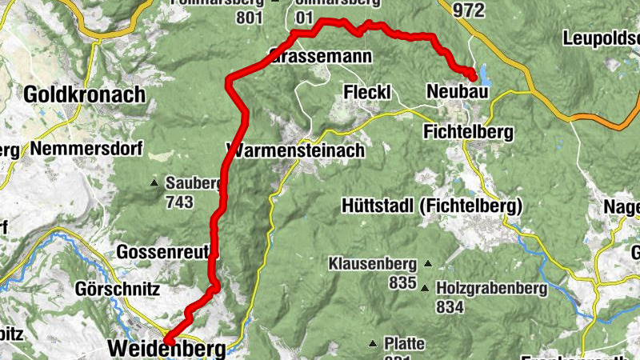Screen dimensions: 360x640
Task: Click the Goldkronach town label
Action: click(85, 94)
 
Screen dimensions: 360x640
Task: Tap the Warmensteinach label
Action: click(296, 150)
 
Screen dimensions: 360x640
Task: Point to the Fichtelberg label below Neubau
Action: click(470, 131)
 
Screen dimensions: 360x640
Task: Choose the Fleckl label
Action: click(366, 93)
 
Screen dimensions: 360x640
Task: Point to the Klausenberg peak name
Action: click(373, 263)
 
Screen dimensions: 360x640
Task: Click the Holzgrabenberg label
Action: click(492, 288)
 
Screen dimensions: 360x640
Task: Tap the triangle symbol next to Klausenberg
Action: click(428, 263)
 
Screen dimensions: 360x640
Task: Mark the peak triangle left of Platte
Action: click(373, 344)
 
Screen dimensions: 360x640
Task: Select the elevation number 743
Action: click(180, 202)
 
